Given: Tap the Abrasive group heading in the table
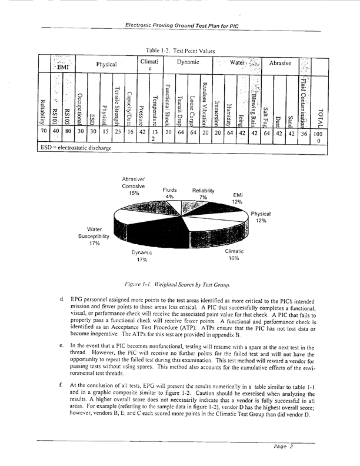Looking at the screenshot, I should (281, 62).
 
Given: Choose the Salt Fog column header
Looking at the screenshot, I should (266, 109).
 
